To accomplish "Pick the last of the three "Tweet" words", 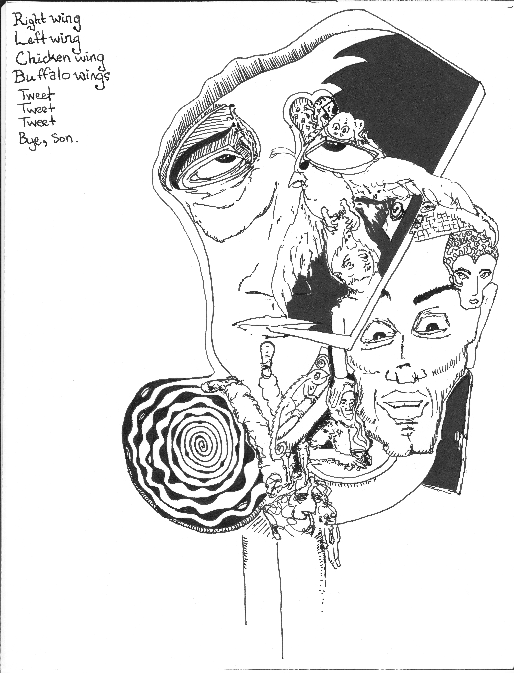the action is tap(37, 122).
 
